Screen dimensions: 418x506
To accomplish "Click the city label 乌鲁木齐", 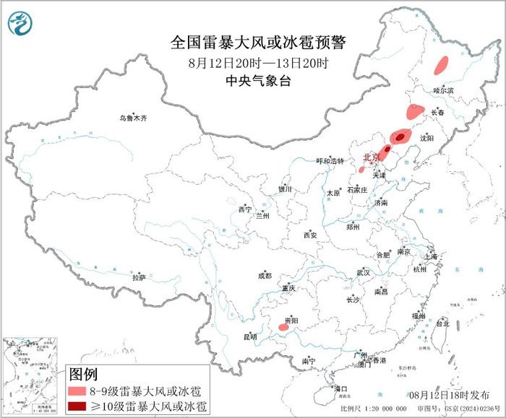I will pyautogui.click(x=137, y=118).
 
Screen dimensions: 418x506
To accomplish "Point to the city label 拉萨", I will pyautogui.click(x=139, y=277).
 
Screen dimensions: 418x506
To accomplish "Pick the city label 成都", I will pyautogui.click(x=264, y=275).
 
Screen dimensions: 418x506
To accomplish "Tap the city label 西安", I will pyautogui.click(x=310, y=235).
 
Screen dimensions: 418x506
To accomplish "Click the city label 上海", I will pyautogui.click(x=432, y=256).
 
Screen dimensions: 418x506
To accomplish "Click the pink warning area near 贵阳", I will pyautogui.click(x=286, y=328).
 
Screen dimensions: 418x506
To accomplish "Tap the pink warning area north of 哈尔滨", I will pyautogui.click(x=441, y=66).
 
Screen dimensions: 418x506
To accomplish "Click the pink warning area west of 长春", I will pyautogui.click(x=413, y=112).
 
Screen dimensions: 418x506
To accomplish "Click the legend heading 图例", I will pyautogui.click(x=82, y=375).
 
